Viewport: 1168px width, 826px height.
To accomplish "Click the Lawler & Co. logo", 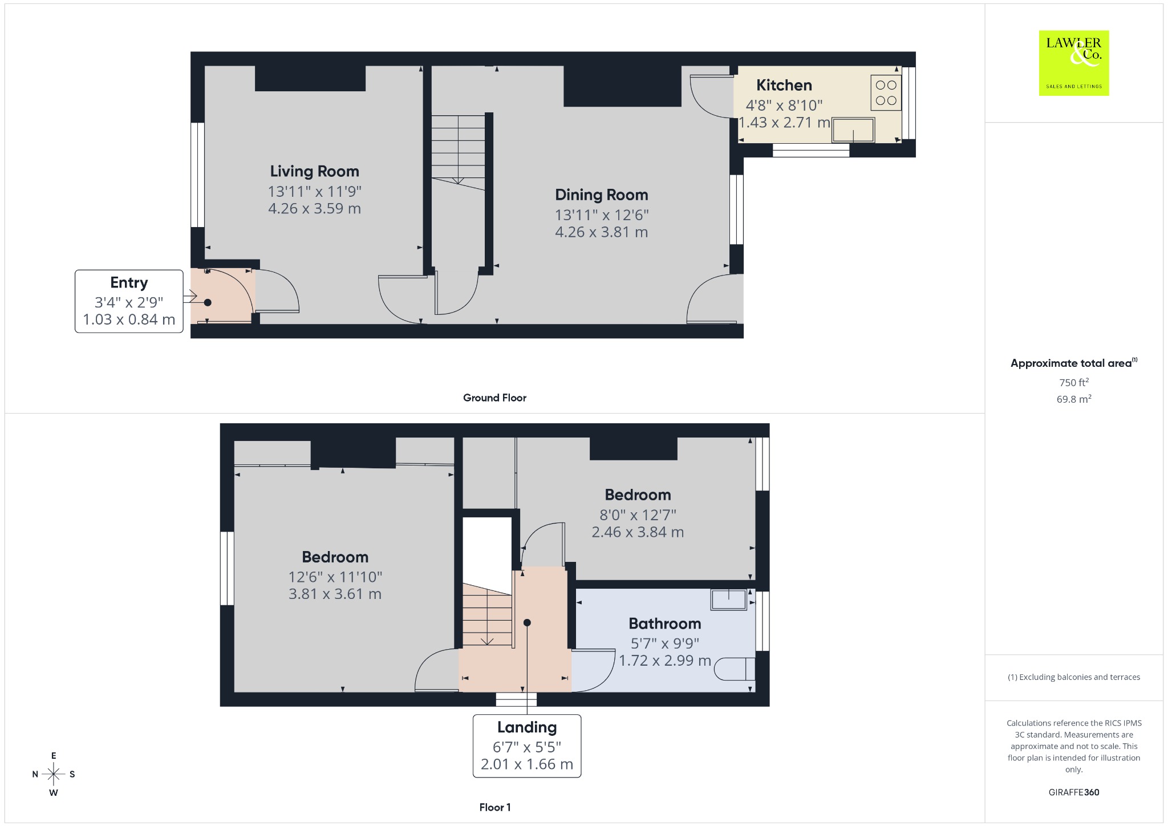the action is point(1074,63).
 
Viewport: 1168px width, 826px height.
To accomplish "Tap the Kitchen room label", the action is point(784,85).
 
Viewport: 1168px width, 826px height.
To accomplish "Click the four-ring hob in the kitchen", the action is point(886,92).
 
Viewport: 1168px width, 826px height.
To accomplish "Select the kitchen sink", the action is point(853,130).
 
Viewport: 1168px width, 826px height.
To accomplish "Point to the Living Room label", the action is point(314,171).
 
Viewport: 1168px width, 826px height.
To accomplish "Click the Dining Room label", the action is point(602,195).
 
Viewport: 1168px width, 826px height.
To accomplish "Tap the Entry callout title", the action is point(129,282).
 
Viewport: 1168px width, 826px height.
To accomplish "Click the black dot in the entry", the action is point(208,302).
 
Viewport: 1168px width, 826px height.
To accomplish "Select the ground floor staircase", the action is point(458,152).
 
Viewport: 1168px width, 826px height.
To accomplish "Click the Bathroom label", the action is point(665,623).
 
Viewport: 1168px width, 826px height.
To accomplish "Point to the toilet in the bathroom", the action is point(735,669).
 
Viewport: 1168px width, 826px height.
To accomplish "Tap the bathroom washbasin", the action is point(729,600).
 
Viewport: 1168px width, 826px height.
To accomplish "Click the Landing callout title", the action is point(527,727).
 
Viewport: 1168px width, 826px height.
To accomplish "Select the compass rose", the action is point(54,774).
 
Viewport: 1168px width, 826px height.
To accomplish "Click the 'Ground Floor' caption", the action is point(494,398).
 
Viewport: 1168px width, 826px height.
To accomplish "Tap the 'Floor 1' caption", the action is point(495,807).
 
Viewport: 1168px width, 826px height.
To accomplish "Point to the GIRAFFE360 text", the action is point(1074,792).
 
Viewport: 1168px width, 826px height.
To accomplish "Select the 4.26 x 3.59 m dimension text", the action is point(314,208).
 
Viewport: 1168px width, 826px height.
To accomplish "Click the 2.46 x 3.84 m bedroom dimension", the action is point(638,532).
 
